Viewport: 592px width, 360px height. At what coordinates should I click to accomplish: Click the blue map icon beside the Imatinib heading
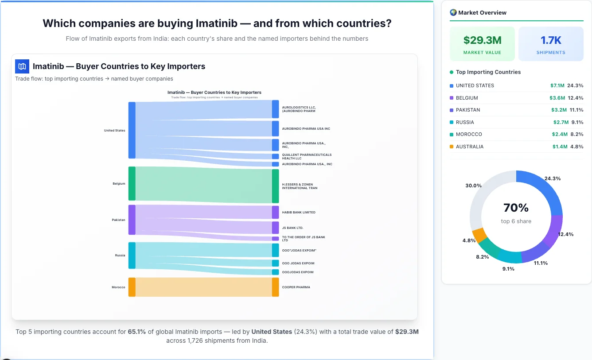(x=22, y=66)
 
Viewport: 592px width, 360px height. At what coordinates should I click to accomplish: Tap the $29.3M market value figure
(x=482, y=40)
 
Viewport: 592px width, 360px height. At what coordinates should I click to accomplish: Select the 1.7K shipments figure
(x=551, y=40)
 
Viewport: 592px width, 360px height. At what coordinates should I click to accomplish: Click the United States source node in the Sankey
(x=132, y=130)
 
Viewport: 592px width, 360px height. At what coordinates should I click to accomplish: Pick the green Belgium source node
(x=132, y=183)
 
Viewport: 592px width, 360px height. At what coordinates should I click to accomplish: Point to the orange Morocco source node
(x=132, y=287)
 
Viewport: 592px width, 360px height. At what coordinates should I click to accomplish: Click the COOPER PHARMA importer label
(x=296, y=287)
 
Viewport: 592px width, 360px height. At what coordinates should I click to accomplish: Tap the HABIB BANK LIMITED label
(x=299, y=213)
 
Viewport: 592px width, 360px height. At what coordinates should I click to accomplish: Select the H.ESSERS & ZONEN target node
(x=275, y=186)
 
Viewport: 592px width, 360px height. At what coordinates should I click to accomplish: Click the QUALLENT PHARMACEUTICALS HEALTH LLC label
(x=307, y=156)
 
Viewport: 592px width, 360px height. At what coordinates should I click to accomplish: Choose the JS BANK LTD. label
(x=292, y=228)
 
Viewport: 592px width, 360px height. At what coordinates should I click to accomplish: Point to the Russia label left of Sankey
(x=120, y=255)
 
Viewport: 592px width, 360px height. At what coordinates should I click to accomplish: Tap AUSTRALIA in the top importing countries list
(x=469, y=147)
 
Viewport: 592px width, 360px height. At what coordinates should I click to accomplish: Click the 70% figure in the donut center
(x=516, y=208)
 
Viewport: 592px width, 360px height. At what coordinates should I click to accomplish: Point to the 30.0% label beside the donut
(x=473, y=186)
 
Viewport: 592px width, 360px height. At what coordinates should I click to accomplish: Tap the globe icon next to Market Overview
(x=453, y=12)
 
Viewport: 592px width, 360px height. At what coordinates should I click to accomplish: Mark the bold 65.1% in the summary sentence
(x=137, y=332)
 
